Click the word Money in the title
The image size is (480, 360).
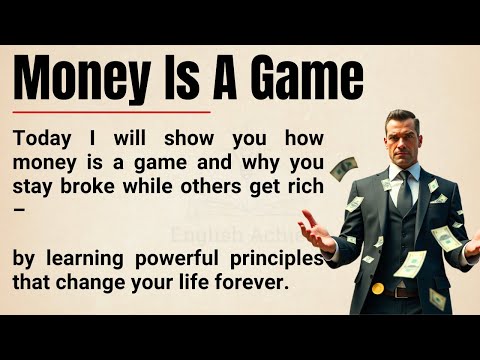click(82, 77)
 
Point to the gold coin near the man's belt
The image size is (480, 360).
click(378, 288)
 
